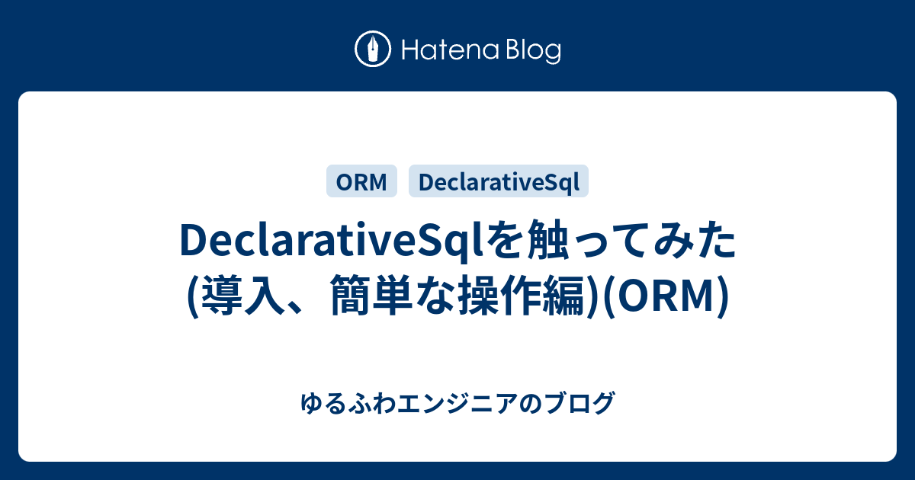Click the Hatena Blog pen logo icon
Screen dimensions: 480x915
(373, 50)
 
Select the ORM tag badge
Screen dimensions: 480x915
(361, 182)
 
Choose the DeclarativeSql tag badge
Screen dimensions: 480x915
(499, 182)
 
